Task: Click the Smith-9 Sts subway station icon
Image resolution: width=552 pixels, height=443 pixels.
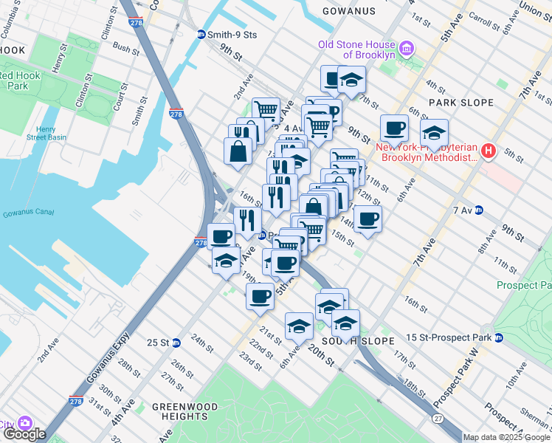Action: click(x=201, y=34)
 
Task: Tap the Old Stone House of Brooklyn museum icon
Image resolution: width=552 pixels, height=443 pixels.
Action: click(x=406, y=49)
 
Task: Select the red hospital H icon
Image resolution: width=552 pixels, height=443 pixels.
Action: click(x=488, y=152)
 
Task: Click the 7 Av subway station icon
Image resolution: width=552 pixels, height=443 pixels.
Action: click(x=478, y=210)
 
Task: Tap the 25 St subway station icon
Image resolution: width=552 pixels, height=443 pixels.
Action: click(x=176, y=343)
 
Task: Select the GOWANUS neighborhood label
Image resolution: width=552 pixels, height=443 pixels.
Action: click(x=349, y=12)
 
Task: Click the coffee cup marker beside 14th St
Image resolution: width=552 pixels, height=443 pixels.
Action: click(x=368, y=217)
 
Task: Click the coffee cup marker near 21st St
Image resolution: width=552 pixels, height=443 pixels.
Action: click(x=259, y=296)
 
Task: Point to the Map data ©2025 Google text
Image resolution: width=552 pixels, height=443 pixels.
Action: click(x=506, y=437)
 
